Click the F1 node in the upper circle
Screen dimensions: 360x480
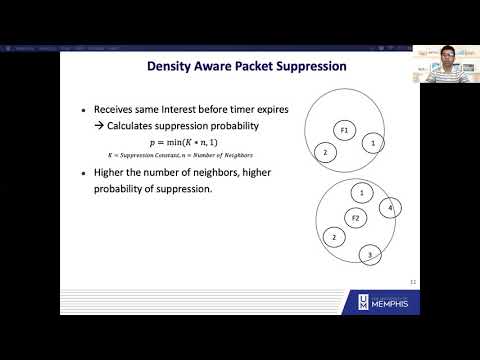(344, 130)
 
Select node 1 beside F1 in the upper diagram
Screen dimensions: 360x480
(372, 144)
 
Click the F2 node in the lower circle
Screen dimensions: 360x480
(354, 217)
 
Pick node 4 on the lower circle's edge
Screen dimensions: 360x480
(390, 208)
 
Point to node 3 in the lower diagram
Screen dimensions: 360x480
(370, 254)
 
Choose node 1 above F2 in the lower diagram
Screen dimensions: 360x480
(361, 192)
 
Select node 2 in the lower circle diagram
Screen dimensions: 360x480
(333, 237)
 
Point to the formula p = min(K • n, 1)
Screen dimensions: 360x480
(180, 143)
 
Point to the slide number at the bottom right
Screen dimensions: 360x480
(413, 281)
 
